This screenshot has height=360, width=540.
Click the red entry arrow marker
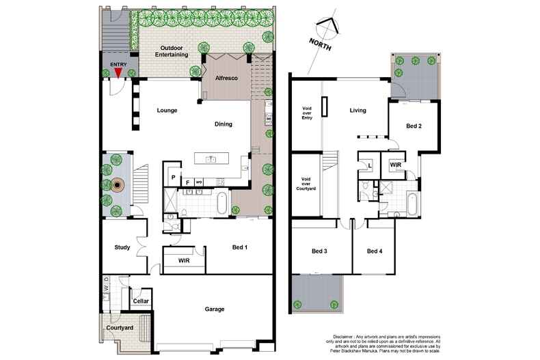coord(118,72)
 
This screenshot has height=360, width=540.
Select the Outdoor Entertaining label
coord(171,51)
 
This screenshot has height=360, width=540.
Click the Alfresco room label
coord(227,78)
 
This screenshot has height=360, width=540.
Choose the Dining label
coord(223,124)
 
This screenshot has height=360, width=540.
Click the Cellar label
coord(141,301)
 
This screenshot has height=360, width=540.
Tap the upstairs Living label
coord(358,109)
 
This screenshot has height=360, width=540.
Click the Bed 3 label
coord(320,251)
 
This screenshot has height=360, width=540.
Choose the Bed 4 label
coord(375,251)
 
